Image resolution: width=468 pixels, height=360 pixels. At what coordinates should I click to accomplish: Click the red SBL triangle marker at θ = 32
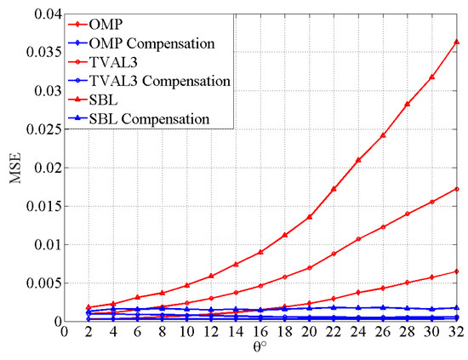click(x=457, y=42)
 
